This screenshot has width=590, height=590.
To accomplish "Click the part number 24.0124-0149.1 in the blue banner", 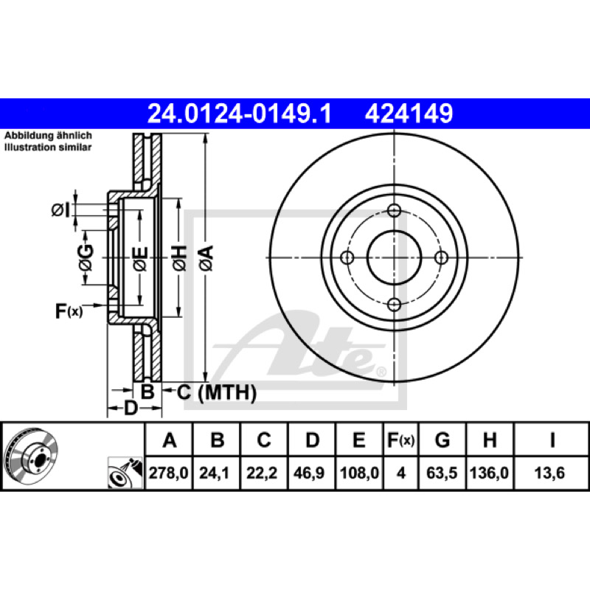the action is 239,114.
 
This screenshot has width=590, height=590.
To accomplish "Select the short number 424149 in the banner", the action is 409,114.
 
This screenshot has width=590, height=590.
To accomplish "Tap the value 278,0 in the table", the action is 169,473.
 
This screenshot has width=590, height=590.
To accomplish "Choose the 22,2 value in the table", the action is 262,473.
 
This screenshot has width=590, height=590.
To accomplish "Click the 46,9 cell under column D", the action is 309,473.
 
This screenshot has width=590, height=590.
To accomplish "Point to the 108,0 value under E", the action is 359,473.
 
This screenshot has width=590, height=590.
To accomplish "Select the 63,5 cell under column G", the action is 442,473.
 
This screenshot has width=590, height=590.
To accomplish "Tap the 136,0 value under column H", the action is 489,473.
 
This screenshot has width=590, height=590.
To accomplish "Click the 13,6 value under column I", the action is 549,473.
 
